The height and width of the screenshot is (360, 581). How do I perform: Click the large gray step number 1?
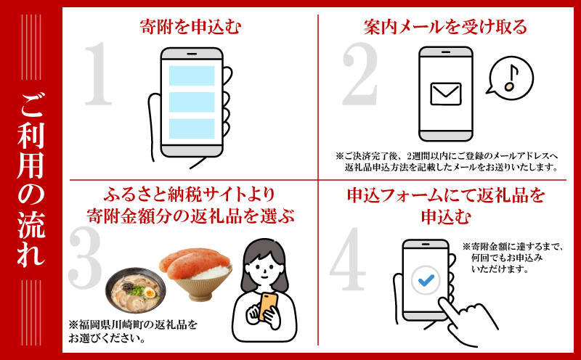click(x=99, y=73)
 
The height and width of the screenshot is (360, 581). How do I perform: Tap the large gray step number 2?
click(x=360, y=73)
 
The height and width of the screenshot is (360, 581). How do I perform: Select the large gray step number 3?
click(x=85, y=258)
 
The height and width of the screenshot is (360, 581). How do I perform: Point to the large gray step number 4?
click(x=348, y=258)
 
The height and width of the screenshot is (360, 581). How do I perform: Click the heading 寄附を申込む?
click(x=190, y=27)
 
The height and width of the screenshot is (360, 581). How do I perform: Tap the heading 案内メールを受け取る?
click(x=445, y=27)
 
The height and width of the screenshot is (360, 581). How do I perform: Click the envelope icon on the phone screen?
click(x=446, y=94)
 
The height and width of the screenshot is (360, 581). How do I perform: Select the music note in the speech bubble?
click(x=511, y=78)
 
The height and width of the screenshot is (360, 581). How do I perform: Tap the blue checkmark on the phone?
click(x=426, y=279)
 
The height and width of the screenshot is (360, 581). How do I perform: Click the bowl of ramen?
click(x=136, y=290)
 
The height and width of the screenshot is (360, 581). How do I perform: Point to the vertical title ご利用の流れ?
click(x=31, y=180)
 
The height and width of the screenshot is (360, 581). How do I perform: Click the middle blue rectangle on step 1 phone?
click(x=192, y=102)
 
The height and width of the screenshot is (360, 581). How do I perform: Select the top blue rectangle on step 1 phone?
click(x=192, y=75)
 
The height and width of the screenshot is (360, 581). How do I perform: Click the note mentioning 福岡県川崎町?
click(x=133, y=332)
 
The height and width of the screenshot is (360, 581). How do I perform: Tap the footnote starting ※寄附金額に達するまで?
click(x=513, y=258)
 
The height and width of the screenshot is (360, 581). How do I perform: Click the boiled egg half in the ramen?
click(x=150, y=293)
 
